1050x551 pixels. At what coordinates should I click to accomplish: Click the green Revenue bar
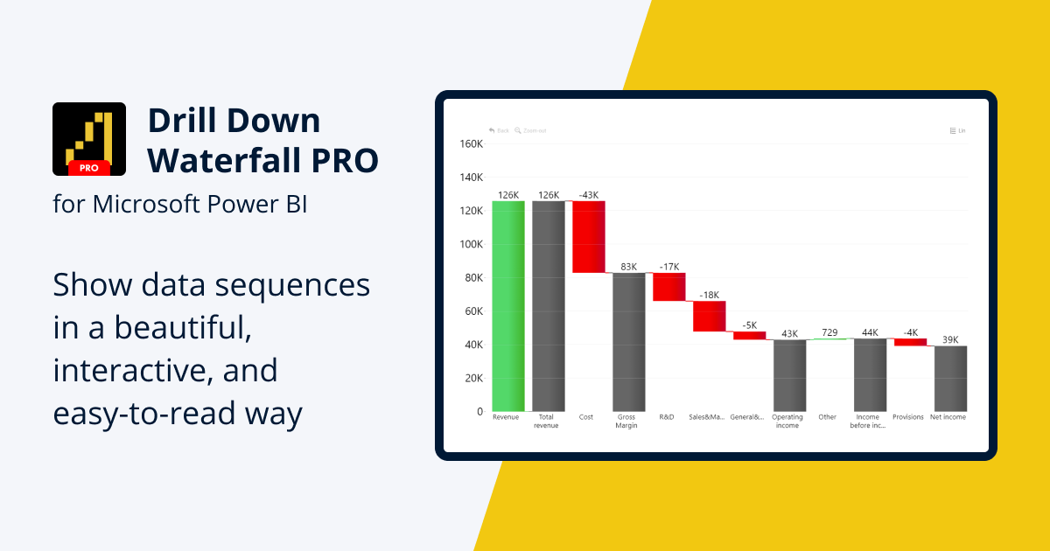pos(508,306)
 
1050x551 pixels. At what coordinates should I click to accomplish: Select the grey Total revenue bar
pos(549,306)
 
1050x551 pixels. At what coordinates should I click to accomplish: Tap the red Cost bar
pos(589,237)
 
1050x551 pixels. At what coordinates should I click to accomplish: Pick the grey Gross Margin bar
pos(629,342)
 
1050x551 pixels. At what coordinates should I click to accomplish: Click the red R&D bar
pos(669,287)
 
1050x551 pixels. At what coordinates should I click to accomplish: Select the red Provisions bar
pos(910,342)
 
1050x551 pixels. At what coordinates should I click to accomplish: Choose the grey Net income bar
pos(950,378)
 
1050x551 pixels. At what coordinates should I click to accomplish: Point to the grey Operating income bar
pos(789,375)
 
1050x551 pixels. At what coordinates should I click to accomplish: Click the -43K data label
pos(589,194)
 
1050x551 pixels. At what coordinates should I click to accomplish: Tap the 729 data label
pos(829,333)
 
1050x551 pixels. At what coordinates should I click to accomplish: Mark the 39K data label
pos(950,339)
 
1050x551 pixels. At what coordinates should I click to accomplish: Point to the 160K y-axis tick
pos(471,143)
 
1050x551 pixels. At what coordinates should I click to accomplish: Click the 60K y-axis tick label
pos(473,311)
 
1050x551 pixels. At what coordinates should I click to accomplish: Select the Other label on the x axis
pos(828,417)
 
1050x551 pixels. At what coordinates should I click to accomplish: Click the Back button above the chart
pos(499,130)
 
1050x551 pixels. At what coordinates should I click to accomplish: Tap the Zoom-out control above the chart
pos(530,130)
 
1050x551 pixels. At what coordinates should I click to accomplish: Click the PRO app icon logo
pos(89,139)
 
